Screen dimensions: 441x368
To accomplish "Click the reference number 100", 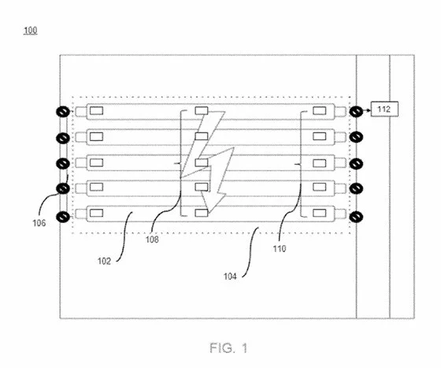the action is point(31,31).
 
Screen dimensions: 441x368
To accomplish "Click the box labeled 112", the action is point(384,109).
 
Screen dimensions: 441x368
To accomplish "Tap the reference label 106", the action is point(39,223).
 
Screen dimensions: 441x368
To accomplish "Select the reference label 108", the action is point(152,240).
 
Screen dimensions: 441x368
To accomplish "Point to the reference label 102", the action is point(104,261).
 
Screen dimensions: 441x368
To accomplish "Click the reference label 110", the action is point(280,249).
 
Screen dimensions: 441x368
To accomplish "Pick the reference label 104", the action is point(230,277).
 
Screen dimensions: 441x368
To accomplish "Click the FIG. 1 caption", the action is point(228,348).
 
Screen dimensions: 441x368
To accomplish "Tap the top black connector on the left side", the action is point(63,112).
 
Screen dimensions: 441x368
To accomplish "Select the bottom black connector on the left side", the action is point(63,217).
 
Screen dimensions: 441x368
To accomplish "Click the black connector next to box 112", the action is point(356,112).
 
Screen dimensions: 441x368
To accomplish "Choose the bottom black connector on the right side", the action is point(356,217).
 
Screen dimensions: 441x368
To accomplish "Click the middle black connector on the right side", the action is point(356,163).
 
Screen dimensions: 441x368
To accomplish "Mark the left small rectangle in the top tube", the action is point(96,111).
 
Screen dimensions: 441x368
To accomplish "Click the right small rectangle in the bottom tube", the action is point(320,213).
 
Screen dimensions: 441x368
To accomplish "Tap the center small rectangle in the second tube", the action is point(202,136).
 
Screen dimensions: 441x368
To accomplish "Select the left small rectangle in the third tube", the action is point(96,163).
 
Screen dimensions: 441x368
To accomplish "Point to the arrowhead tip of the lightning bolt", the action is point(209,212).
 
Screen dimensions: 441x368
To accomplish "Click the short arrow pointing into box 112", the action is point(367,110).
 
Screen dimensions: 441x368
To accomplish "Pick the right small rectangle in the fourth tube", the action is point(320,187).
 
